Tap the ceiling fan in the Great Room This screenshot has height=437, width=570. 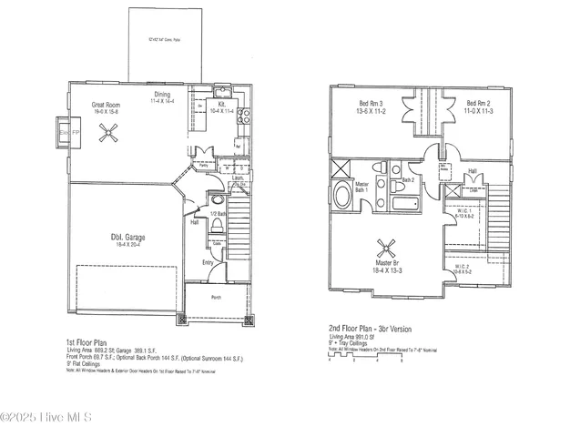(110, 133)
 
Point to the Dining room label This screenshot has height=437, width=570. (162, 95)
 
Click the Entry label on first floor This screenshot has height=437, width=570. (208, 263)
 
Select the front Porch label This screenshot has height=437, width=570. (216, 297)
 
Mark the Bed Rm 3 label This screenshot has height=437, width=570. (368, 104)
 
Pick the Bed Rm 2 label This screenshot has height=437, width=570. (477, 104)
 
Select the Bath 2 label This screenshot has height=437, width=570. (407, 180)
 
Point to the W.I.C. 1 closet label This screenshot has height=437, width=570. (463, 210)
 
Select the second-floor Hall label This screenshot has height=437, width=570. (472, 170)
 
